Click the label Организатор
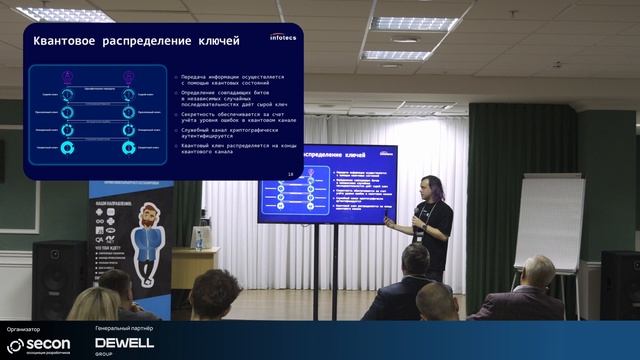pos(23,328)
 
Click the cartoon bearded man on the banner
pos(146,235)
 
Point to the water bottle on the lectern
pos(199,238)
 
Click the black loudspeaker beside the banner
pos(60,275)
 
